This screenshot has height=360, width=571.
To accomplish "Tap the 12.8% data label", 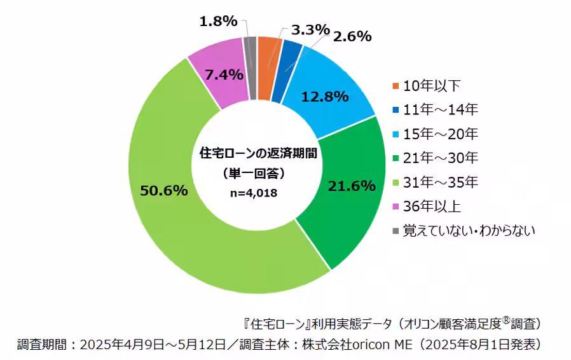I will pos(324,97).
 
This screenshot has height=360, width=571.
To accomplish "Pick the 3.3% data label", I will pos(310,29).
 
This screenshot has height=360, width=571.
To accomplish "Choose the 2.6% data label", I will pos(351,36).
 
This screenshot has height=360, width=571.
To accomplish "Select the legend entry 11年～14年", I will pos(440,109).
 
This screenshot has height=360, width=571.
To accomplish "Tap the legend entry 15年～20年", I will pos(440,134).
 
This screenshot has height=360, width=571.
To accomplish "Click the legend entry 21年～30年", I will pos(440,158).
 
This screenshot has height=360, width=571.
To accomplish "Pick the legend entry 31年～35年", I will pos(440,182).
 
